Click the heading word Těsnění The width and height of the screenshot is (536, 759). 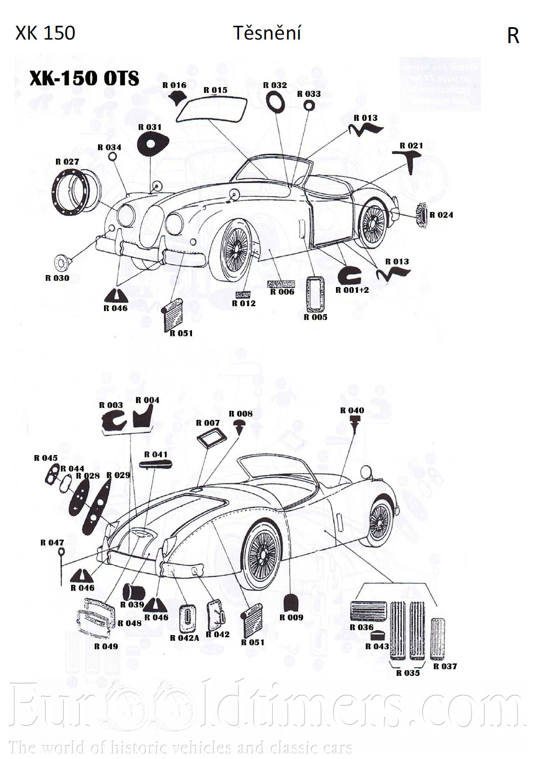click(267, 33)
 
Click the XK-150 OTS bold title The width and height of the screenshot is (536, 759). click(84, 78)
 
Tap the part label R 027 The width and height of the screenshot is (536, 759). click(67, 162)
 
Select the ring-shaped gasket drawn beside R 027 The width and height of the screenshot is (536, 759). click(76, 193)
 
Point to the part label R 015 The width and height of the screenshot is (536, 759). click(215, 90)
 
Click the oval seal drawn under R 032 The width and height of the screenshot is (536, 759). click(275, 101)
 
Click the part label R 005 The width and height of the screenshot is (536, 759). click(316, 317)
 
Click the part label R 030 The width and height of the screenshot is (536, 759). click(57, 278)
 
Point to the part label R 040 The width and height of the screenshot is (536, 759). click(352, 411)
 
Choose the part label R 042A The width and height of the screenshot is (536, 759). click(185, 638)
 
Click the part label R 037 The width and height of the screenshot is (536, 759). click(445, 666)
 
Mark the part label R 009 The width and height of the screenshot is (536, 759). click(291, 617)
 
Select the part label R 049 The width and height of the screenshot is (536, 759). click(106, 647)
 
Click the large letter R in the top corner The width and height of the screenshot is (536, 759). click(513, 36)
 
